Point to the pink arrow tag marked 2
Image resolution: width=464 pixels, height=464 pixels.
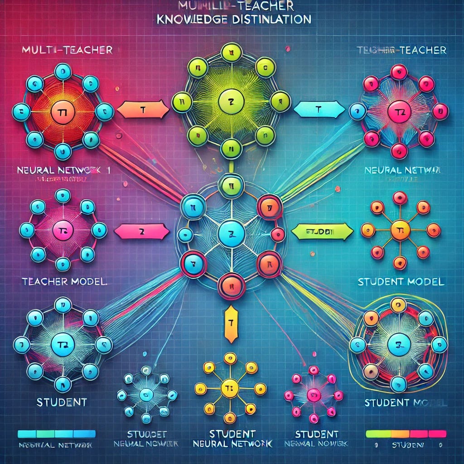click(141, 232)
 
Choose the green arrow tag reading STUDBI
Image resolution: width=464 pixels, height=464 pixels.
click(321, 232)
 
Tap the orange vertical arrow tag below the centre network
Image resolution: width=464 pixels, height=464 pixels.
click(231, 323)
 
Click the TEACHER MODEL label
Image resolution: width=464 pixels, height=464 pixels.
click(64, 281)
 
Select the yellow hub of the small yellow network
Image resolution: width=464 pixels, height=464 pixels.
click(229, 388)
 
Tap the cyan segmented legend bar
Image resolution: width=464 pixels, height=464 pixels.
click(57, 433)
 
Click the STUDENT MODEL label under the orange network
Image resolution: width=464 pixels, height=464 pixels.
click(401, 281)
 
